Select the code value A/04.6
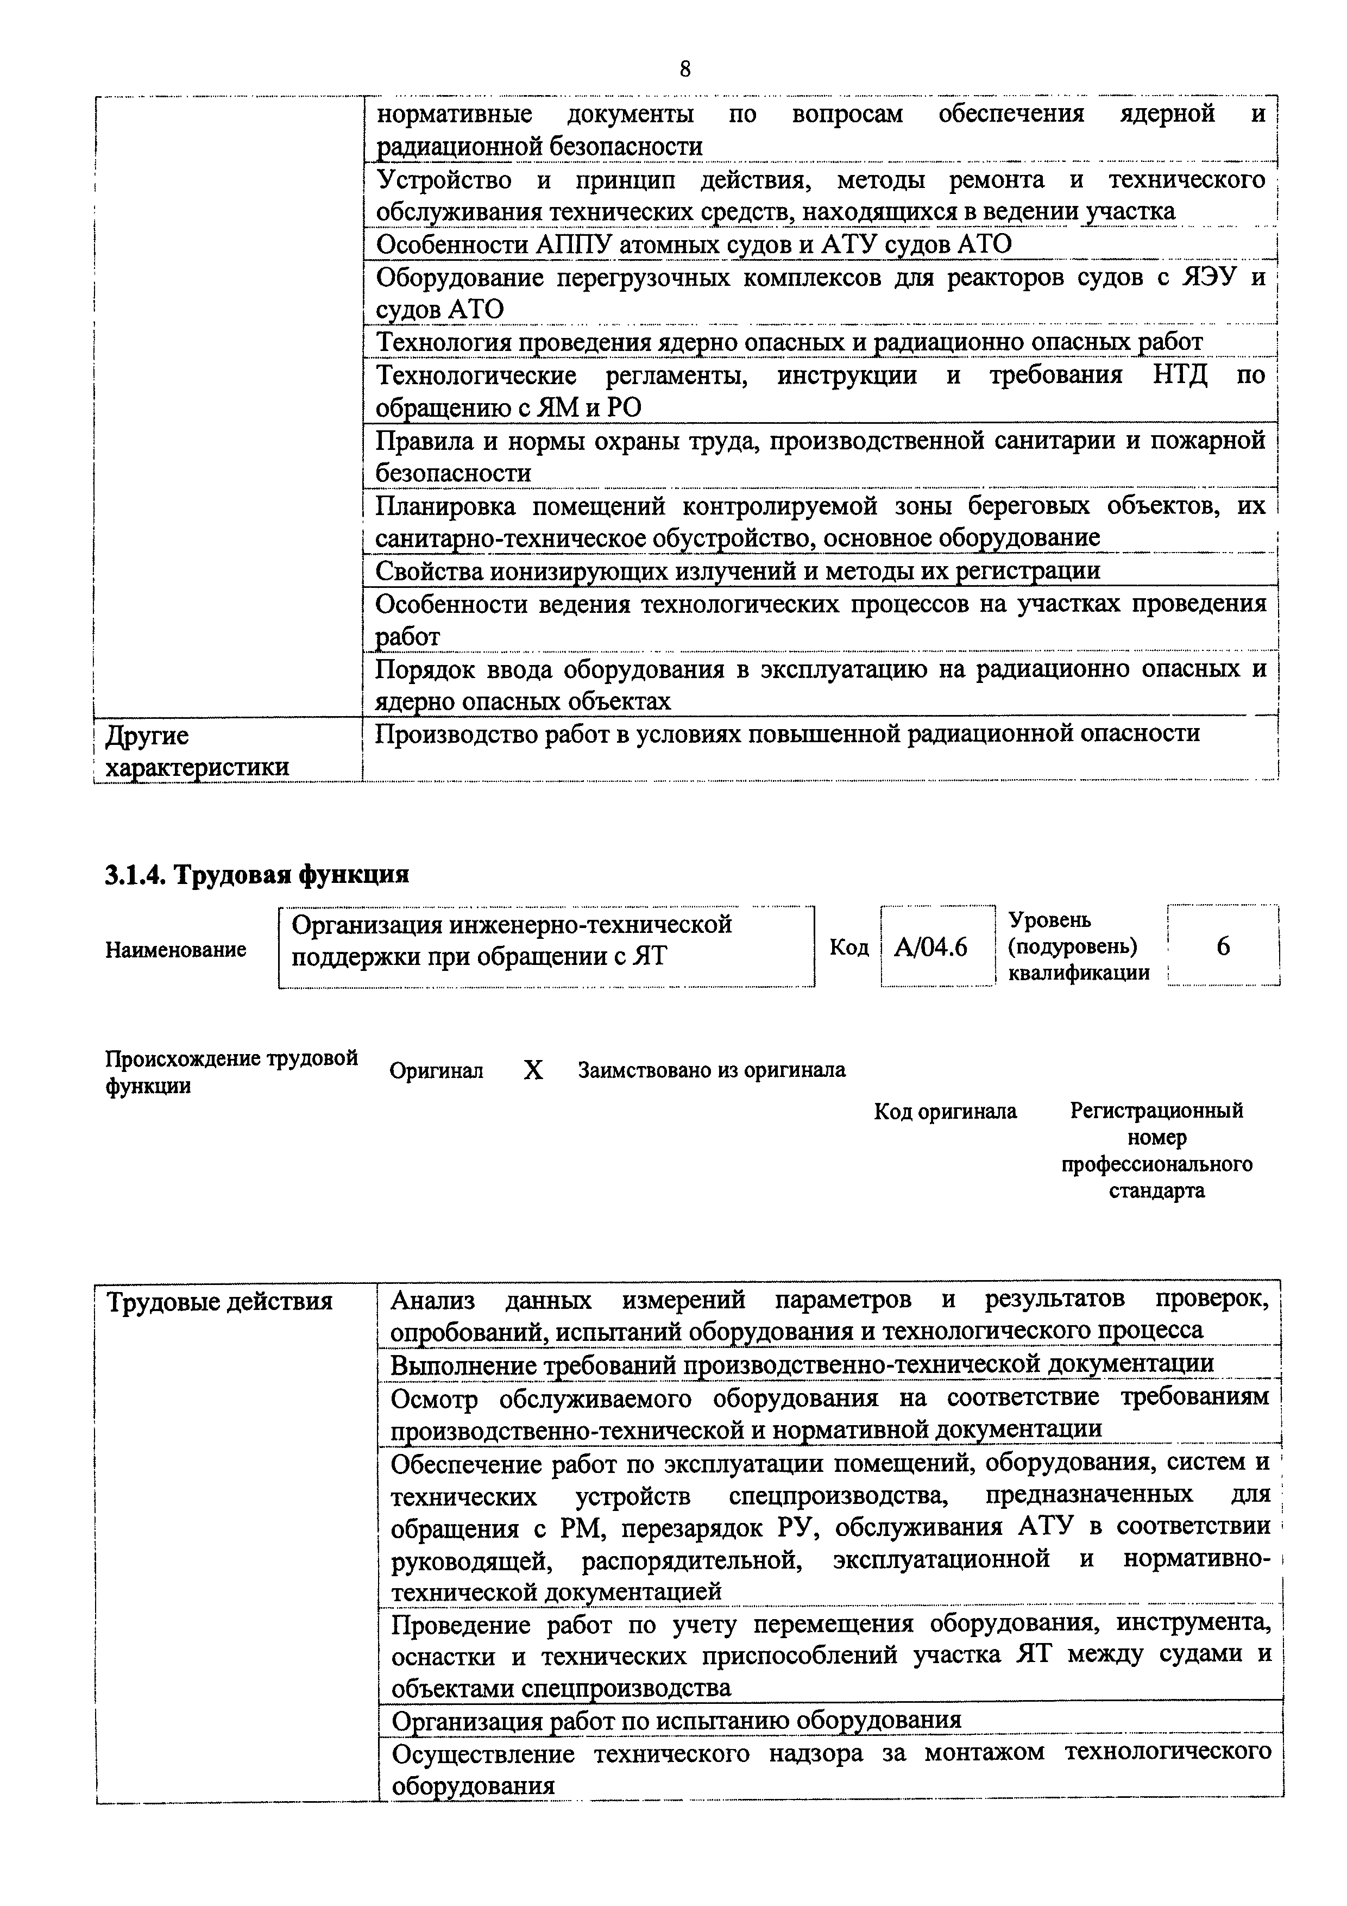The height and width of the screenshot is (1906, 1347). pos(930,947)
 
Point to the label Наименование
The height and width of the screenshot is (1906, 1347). pos(176,949)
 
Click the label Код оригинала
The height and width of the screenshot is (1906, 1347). pos(945,1111)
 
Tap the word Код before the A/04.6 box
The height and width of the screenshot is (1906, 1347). pos(849,947)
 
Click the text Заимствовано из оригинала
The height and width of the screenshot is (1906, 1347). pos(712,1070)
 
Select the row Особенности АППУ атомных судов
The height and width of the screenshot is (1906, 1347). pos(694,245)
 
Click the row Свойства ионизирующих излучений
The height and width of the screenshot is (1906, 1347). pos(737,571)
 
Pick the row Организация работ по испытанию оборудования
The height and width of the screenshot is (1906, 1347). pos(676,1719)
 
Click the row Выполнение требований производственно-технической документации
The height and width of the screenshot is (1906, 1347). pos(802,1364)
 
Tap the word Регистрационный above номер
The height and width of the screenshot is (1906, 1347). pos(1156,1111)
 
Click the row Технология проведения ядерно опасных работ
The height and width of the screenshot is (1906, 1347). pos(789,342)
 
